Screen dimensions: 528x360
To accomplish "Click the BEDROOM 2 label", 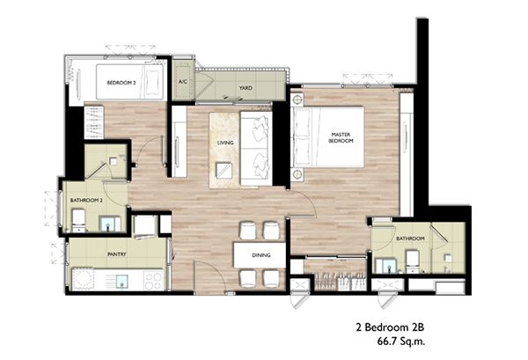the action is pyautogui.click(x=121, y=83).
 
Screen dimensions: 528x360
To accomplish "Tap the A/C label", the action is pyautogui.click(x=182, y=82).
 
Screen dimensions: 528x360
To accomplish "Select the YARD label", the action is pyautogui.click(x=246, y=88).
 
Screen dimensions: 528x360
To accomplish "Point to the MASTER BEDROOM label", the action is pyautogui.click(x=341, y=137).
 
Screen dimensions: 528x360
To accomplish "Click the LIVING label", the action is pyautogui.click(x=225, y=143).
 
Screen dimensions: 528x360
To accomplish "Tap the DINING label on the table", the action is pyautogui.click(x=261, y=255).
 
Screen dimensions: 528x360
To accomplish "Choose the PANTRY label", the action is pyautogui.click(x=117, y=254).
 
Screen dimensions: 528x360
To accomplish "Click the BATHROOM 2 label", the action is pyautogui.click(x=86, y=201).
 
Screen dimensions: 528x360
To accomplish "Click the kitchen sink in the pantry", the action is pyautogui.click(x=122, y=281).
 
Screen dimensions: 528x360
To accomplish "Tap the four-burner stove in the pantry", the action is pyautogui.click(x=153, y=281).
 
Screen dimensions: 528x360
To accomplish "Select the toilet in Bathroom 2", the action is pyautogui.click(x=79, y=221).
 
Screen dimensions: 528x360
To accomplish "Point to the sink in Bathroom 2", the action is pyautogui.click(x=110, y=224).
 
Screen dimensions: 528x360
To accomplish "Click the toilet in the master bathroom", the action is pyautogui.click(x=413, y=261).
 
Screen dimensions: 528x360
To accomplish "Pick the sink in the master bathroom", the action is pyautogui.click(x=386, y=265).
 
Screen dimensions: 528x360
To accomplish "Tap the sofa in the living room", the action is pyautogui.click(x=257, y=149).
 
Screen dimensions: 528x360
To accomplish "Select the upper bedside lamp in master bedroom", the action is pyautogui.click(x=297, y=100).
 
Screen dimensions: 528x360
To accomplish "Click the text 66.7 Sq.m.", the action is pyautogui.click(x=401, y=342).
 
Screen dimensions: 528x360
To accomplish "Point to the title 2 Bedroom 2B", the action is pyautogui.click(x=390, y=327).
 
